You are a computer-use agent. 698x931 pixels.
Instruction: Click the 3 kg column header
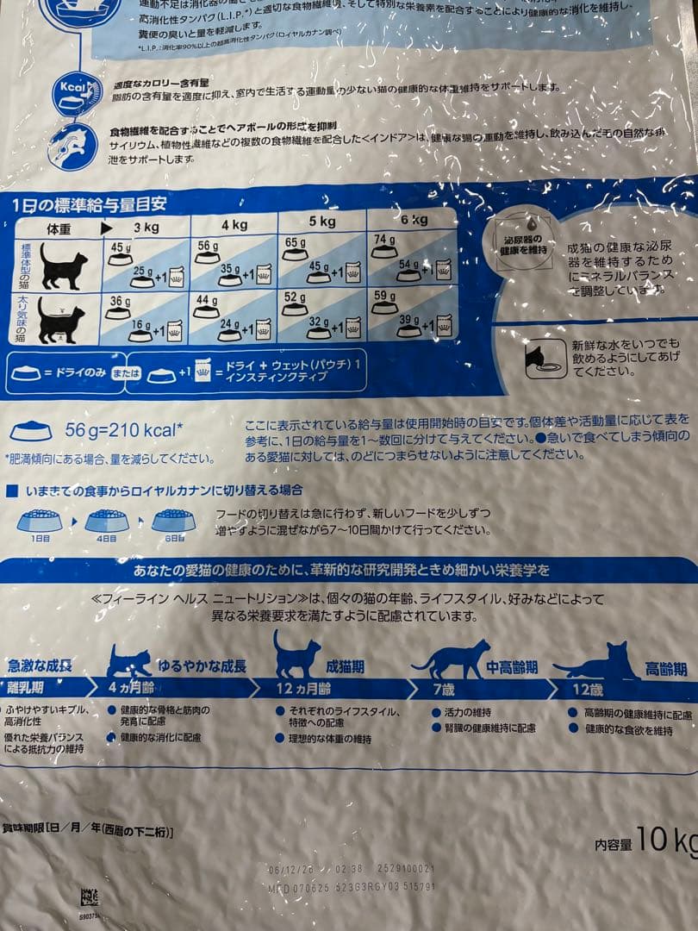[x=146, y=228]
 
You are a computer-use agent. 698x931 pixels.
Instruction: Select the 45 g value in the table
[x=120, y=248]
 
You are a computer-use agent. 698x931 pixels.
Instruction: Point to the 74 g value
[x=384, y=240]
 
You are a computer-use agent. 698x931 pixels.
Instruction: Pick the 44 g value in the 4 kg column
[x=207, y=301]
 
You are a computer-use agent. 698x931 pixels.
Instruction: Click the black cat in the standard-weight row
[x=63, y=266]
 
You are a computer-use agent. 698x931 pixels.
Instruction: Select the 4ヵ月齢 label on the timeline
[x=133, y=688]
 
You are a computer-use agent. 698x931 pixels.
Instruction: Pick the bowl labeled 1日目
[x=40, y=520]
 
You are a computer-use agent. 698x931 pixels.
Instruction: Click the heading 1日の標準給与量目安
[x=90, y=204]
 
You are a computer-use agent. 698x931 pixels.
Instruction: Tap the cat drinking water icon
[x=546, y=358]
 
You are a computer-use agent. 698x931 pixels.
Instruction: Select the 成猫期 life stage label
[x=345, y=666]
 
